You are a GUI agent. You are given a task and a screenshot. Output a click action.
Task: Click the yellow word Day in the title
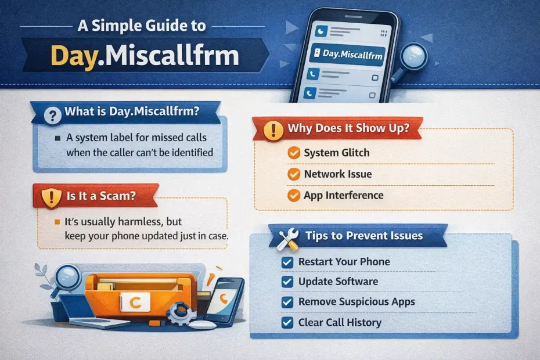click(x=73, y=56)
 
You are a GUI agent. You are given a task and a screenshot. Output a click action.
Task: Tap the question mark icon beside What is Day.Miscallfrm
click(x=53, y=116)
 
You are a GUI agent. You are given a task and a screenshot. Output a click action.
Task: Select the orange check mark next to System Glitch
click(x=294, y=152)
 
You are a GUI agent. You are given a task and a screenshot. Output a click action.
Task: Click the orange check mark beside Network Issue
click(x=294, y=174)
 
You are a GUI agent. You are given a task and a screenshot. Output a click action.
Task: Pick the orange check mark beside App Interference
click(x=294, y=195)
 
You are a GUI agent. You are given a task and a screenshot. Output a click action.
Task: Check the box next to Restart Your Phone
click(x=287, y=262)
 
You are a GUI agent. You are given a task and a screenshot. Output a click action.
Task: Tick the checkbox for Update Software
click(x=287, y=282)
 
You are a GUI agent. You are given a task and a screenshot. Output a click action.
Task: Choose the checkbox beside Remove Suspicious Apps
click(x=287, y=302)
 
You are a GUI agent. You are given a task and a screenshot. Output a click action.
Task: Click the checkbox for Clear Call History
click(x=287, y=323)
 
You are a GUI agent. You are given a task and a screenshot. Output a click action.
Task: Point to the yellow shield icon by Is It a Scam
click(x=51, y=198)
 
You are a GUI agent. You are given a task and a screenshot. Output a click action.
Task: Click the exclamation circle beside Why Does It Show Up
click(x=273, y=131)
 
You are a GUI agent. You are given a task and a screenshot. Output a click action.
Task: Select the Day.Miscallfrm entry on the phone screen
click(x=347, y=54)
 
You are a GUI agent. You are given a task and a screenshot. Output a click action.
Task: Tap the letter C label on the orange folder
click(x=135, y=302)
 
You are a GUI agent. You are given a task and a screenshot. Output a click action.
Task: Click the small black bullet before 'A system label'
click(x=57, y=138)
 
